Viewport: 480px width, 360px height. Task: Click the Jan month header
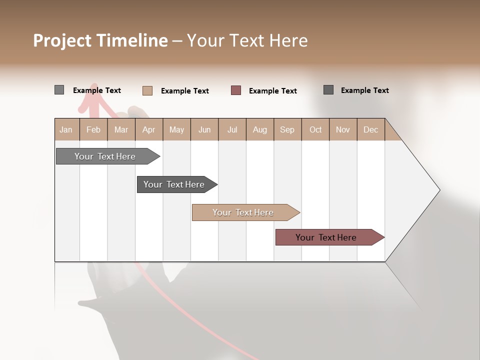(x=66, y=130)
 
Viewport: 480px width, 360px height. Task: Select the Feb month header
(x=93, y=130)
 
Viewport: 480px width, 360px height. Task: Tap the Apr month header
(x=148, y=130)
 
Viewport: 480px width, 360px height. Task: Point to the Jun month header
(x=204, y=130)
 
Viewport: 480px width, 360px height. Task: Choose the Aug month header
(x=259, y=130)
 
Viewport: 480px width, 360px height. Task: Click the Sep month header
(x=287, y=130)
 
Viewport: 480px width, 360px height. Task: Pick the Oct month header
(x=315, y=130)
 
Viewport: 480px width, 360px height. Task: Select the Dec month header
(x=370, y=130)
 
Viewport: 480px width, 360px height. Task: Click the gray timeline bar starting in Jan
(x=105, y=156)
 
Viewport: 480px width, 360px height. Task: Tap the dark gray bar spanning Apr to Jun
(x=174, y=184)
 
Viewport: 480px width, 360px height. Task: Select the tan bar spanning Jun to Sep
(x=243, y=212)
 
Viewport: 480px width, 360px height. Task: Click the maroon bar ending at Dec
(x=326, y=237)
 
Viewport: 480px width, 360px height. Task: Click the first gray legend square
(x=59, y=90)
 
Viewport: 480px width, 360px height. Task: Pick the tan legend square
(x=147, y=90)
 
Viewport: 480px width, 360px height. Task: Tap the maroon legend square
(x=236, y=90)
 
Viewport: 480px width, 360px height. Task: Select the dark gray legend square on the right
(x=328, y=90)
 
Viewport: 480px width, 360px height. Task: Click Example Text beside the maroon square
(x=272, y=91)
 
